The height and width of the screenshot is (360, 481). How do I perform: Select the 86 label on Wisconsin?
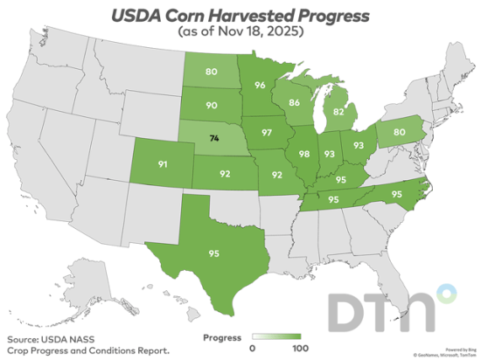[x=295, y=102]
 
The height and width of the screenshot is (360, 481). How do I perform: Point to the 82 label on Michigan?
[x=338, y=113]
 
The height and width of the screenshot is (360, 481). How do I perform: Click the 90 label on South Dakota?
[x=211, y=106]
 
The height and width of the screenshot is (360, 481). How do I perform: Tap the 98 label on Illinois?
[x=304, y=154]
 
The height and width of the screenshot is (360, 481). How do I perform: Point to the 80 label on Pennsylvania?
[x=400, y=133]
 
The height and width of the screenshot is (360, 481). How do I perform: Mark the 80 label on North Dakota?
[x=211, y=72]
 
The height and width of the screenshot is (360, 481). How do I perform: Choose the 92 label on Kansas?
[x=225, y=173]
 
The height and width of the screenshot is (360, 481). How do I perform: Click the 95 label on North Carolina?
[x=396, y=193]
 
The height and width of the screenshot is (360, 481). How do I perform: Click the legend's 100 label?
[x=299, y=349]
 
